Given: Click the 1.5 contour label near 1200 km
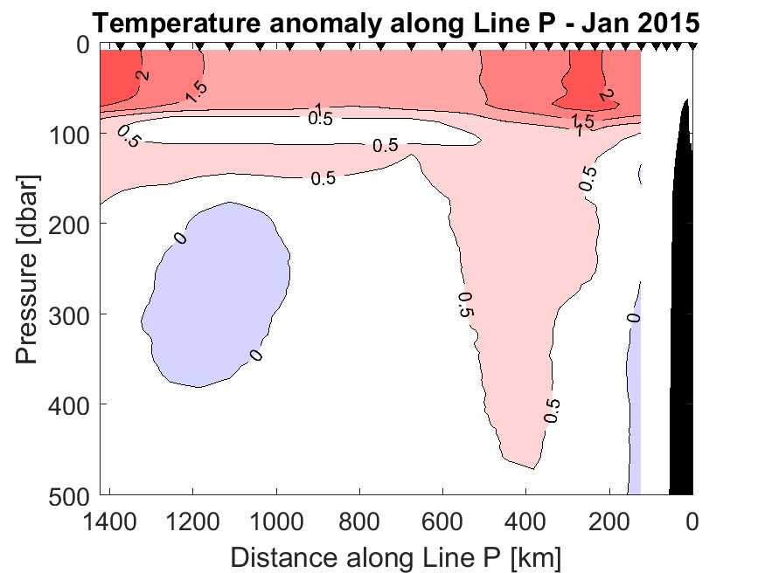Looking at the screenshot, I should pyautogui.click(x=196, y=92).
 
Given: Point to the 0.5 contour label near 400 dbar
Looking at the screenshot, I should pyautogui.click(x=552, y=410).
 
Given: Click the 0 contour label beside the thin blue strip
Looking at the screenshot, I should pyautogui.click(x=635, y=316).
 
